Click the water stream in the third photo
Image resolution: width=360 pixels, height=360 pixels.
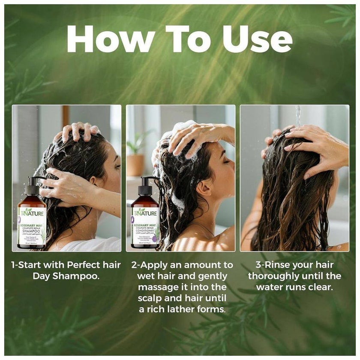(x=298, y=116)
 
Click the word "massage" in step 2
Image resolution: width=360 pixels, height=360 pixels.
(x=158, y=287)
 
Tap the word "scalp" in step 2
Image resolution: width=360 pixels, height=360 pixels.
(x=150, y=298)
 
